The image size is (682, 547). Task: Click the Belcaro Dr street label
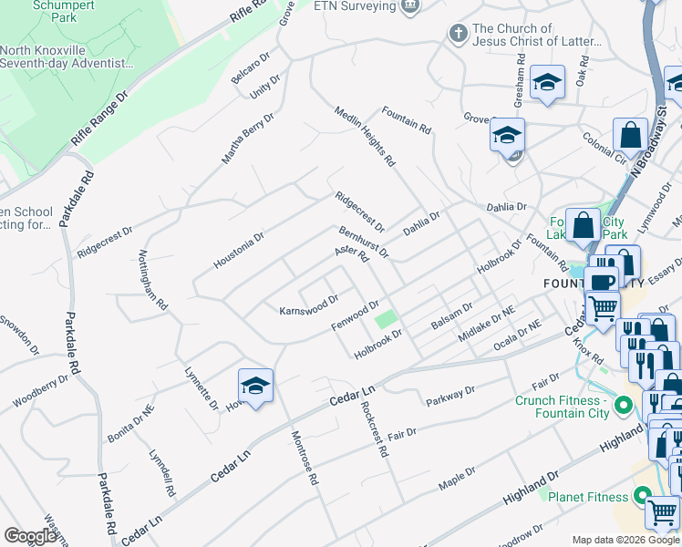pyautogui.click(x=250, y=67)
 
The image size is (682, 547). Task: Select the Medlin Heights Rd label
pyautogui.click(x=377, y=137)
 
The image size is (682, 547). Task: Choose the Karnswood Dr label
pyautogui.click(x=308, y=304)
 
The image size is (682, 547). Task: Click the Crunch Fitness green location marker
pyautogui.click(x=624, y=403)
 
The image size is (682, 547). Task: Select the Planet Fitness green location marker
pyautogui.click(x=643, y=497)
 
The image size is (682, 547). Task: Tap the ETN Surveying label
pyautogui.click(x=354, y=6)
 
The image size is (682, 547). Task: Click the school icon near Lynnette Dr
pyautogui.click(x=256, y=384)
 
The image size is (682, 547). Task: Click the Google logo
pyautogui.click(x=29, y=536)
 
